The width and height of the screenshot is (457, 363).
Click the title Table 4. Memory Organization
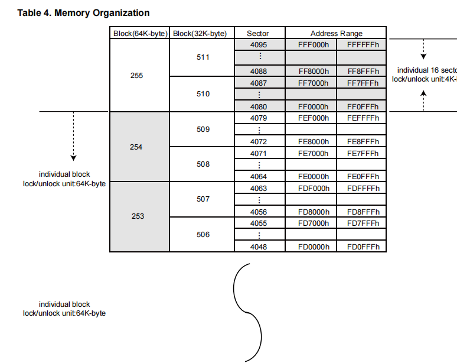(83, 12)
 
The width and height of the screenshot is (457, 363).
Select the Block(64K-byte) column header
(139, 33)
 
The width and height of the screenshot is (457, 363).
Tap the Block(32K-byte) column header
(203, 33)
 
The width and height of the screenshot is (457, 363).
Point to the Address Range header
(336, 33)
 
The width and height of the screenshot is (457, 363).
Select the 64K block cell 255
(136, 76)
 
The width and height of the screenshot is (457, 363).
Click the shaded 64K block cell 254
(136, 147)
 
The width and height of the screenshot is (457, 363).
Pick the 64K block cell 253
(138, 216)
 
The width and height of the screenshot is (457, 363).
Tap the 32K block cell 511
(203, 58)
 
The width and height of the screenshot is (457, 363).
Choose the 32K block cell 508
(203, 164)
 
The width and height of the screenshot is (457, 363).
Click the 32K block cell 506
(203, 235)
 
